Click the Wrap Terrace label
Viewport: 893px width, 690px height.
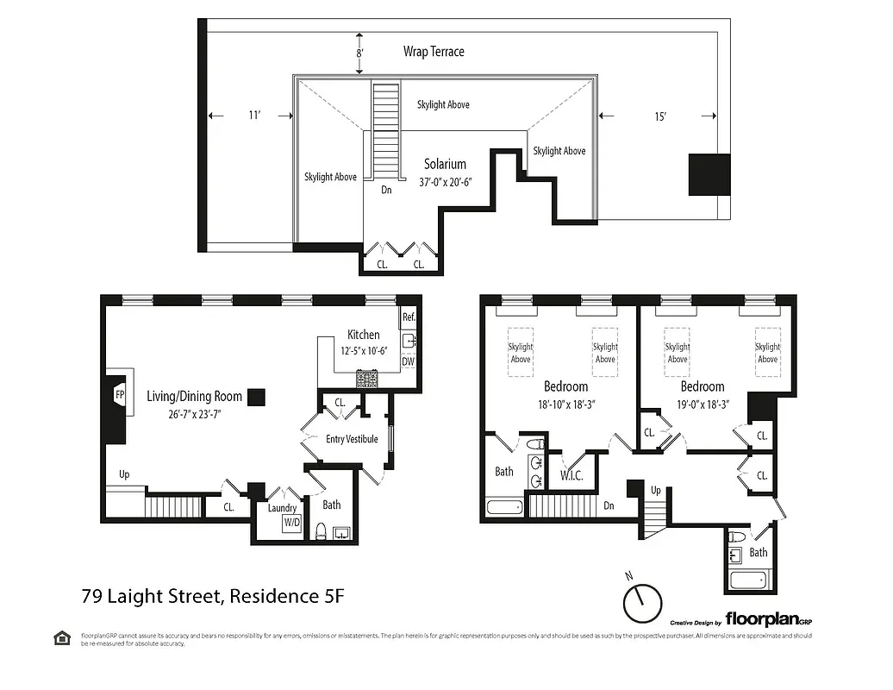coord(434,52)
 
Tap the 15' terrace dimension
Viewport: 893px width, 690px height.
coord(659,116)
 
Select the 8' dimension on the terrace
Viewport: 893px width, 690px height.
coord(359,53)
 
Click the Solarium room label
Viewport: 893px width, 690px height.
coord(445,164)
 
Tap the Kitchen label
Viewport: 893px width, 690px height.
coord(363,335)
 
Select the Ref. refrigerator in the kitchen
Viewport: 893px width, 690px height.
coord(409,317)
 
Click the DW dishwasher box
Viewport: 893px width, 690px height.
coord(409,361)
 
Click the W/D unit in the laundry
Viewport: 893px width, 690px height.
coord(291,523)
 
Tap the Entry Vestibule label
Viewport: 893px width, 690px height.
coord(352,439)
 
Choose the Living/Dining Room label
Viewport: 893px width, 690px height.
coord(194,397)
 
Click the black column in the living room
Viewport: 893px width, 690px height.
coord(256,396)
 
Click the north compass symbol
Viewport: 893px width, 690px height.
coord(641,602)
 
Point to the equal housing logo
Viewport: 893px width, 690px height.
coord(61,637)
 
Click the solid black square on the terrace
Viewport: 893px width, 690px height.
coord(709,174)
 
